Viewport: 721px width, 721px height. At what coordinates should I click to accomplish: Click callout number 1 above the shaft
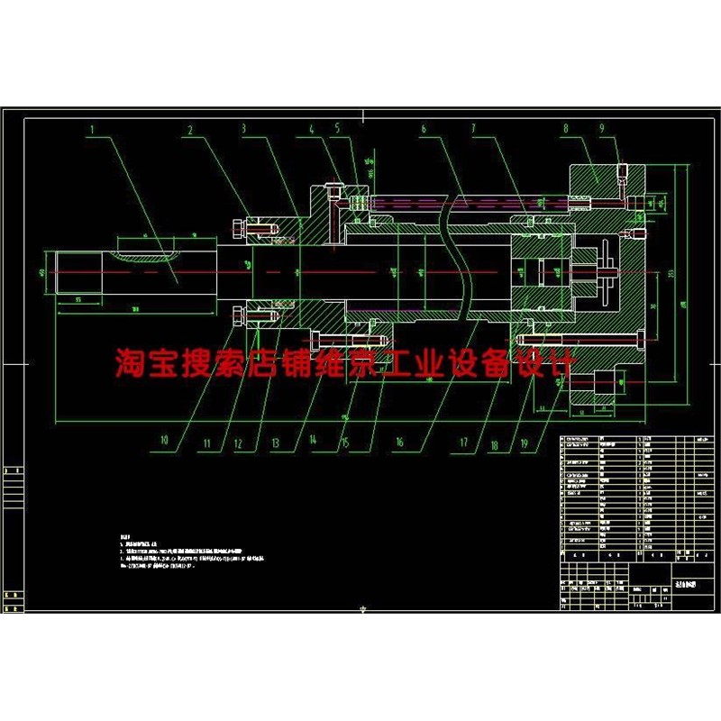tap(92, 129)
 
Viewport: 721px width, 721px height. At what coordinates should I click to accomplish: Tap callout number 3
tap(243, 129)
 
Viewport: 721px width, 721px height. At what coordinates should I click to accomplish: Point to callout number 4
tap(311, 129)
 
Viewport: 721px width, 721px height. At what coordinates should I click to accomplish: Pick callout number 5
tap(338, 129)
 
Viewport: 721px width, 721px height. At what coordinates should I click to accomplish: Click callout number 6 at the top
tap(423, 129)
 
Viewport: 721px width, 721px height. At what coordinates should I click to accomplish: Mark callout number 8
tap(565, 129)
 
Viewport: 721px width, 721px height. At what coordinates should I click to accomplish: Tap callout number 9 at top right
tap(601, 129)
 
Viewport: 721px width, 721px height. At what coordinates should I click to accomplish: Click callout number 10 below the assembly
tap(165, 442)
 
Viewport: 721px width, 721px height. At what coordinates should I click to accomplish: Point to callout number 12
tap(238, 442)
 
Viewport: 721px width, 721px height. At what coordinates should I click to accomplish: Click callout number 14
tap(313, 442)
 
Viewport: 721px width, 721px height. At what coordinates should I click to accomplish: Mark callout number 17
tap(466, 442)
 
